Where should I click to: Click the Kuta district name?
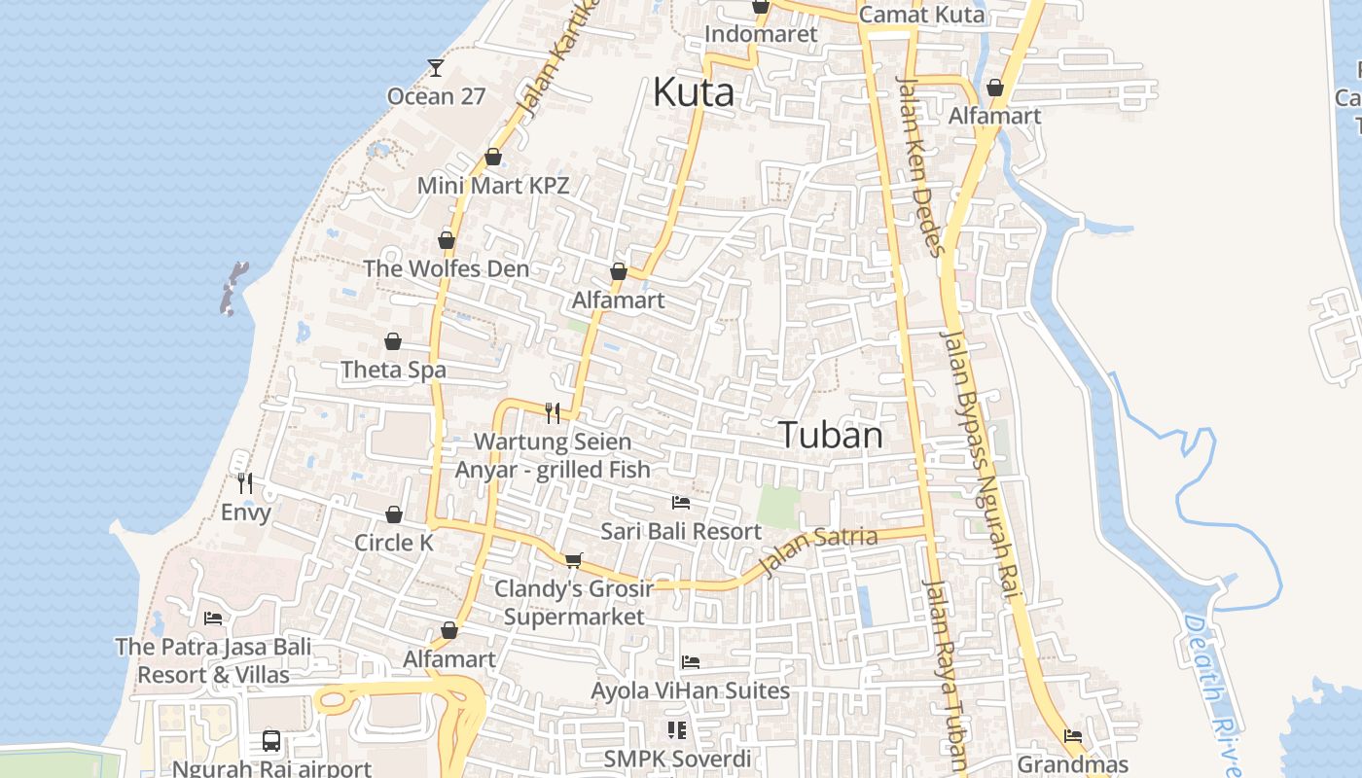point(693,93)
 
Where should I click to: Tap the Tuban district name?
point(831,435)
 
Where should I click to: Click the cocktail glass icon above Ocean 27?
point(435,67)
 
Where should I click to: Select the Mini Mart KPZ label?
point(492,185)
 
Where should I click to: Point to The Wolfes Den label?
point(446,268)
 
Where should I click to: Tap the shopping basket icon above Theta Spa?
point(393,341)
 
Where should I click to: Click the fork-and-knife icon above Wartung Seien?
point(553,412)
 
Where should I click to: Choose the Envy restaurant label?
point(246,512)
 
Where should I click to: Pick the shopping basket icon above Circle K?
point(394,514)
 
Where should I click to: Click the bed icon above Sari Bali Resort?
point(681,503)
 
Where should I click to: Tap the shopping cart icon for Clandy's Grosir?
point(573,560)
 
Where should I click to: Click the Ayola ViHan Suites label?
point(691,690)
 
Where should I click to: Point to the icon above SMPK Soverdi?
point(677,729)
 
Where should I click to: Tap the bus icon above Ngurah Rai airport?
point(271,741)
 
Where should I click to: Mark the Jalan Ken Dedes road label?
point(920,165)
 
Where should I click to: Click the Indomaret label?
point(761,34)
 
